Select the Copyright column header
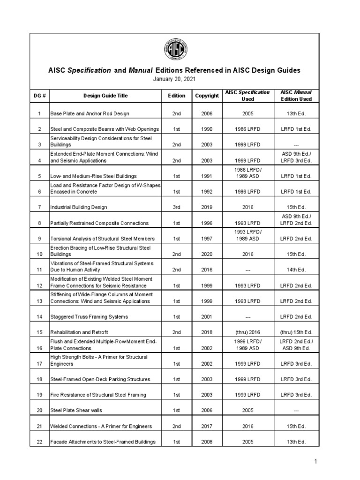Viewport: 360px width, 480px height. (x=207, y=96)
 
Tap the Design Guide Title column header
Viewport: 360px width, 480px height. (x=105, y=96)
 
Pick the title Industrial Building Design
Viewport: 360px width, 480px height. (x=79, y=207)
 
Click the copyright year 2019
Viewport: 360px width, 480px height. (x=207, y=207)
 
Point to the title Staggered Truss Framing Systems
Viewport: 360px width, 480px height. (x=89, y=317)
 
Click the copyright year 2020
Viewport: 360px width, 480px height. (x=207, y=254)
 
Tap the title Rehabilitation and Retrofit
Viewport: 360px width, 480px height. (x=79, y=332)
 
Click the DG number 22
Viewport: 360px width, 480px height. (x=40, y=442)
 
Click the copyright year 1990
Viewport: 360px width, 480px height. (x=207, y=129)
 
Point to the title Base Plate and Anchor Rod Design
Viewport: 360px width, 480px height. (x=90, y=113)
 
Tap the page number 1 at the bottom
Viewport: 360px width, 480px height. (x=316, y=462)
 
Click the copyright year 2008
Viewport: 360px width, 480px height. (x=207, y=442)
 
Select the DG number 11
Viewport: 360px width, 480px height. (x=40, y=270)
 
